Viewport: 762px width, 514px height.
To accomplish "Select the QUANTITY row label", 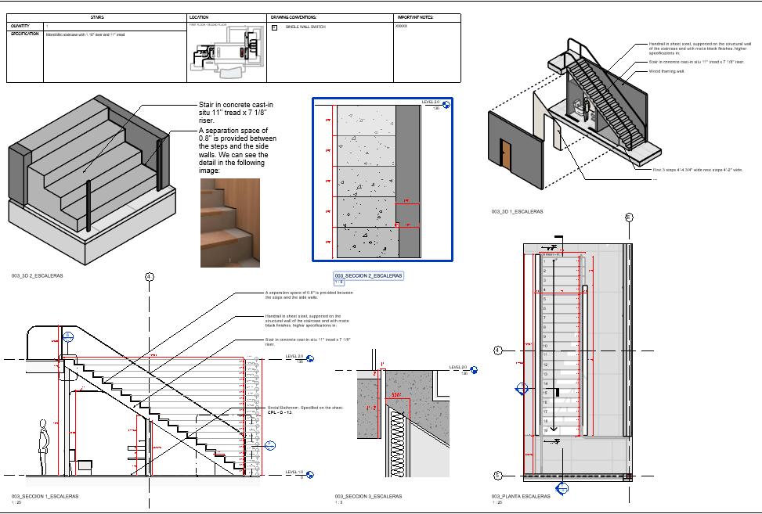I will (20, 26).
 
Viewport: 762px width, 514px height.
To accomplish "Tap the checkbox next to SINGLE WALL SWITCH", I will (274, 27).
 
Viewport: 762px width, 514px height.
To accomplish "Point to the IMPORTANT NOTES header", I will (415, 17).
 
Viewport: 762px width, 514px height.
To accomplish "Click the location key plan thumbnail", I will (226, 53).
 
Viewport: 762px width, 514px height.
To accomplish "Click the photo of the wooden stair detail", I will (229, 222).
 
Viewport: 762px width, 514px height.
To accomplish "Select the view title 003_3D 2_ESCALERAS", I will (38, 276).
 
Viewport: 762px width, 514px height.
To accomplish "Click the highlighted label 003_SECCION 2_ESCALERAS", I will (369, 276).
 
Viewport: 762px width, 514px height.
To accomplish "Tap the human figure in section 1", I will (44, 448).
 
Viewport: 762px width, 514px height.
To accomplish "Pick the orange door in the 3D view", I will (506, 153).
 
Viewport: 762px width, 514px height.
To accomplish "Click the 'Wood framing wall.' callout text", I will (666, 71).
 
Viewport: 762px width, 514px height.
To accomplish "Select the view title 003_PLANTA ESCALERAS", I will (521, 496).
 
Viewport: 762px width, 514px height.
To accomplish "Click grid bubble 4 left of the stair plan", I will (497, 350).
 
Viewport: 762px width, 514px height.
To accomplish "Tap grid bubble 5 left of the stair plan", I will (497, 476).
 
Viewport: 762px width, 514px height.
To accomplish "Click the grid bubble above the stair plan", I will (628, 217).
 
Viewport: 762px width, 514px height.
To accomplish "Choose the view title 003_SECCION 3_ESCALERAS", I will (368, 496).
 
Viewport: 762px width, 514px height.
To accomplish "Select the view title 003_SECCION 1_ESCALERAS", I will (45, 496).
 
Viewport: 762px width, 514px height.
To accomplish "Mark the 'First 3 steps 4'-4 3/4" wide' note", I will (698, 169).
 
